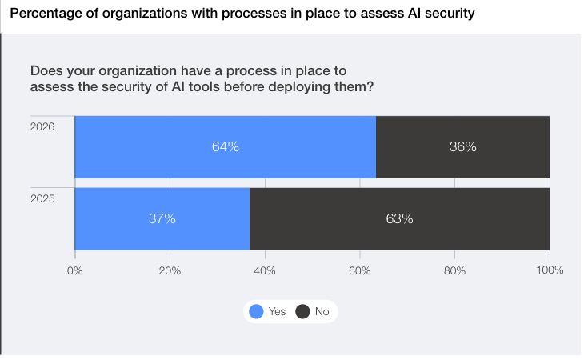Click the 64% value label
click(226, 147)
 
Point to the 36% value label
click(462, 147)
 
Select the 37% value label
click(162, 218)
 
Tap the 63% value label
click(399, 218)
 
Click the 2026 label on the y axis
click(42, 126)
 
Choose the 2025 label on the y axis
click(42, 198)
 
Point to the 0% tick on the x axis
click(74, 270)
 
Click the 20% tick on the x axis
click(170, 270)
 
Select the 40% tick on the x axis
click(265, 270)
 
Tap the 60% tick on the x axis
click(360, 270)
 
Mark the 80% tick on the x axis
click(454, 270)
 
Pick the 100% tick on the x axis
click(549, 270)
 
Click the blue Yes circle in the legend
click(257, 312)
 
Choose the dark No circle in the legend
click(303, 312)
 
